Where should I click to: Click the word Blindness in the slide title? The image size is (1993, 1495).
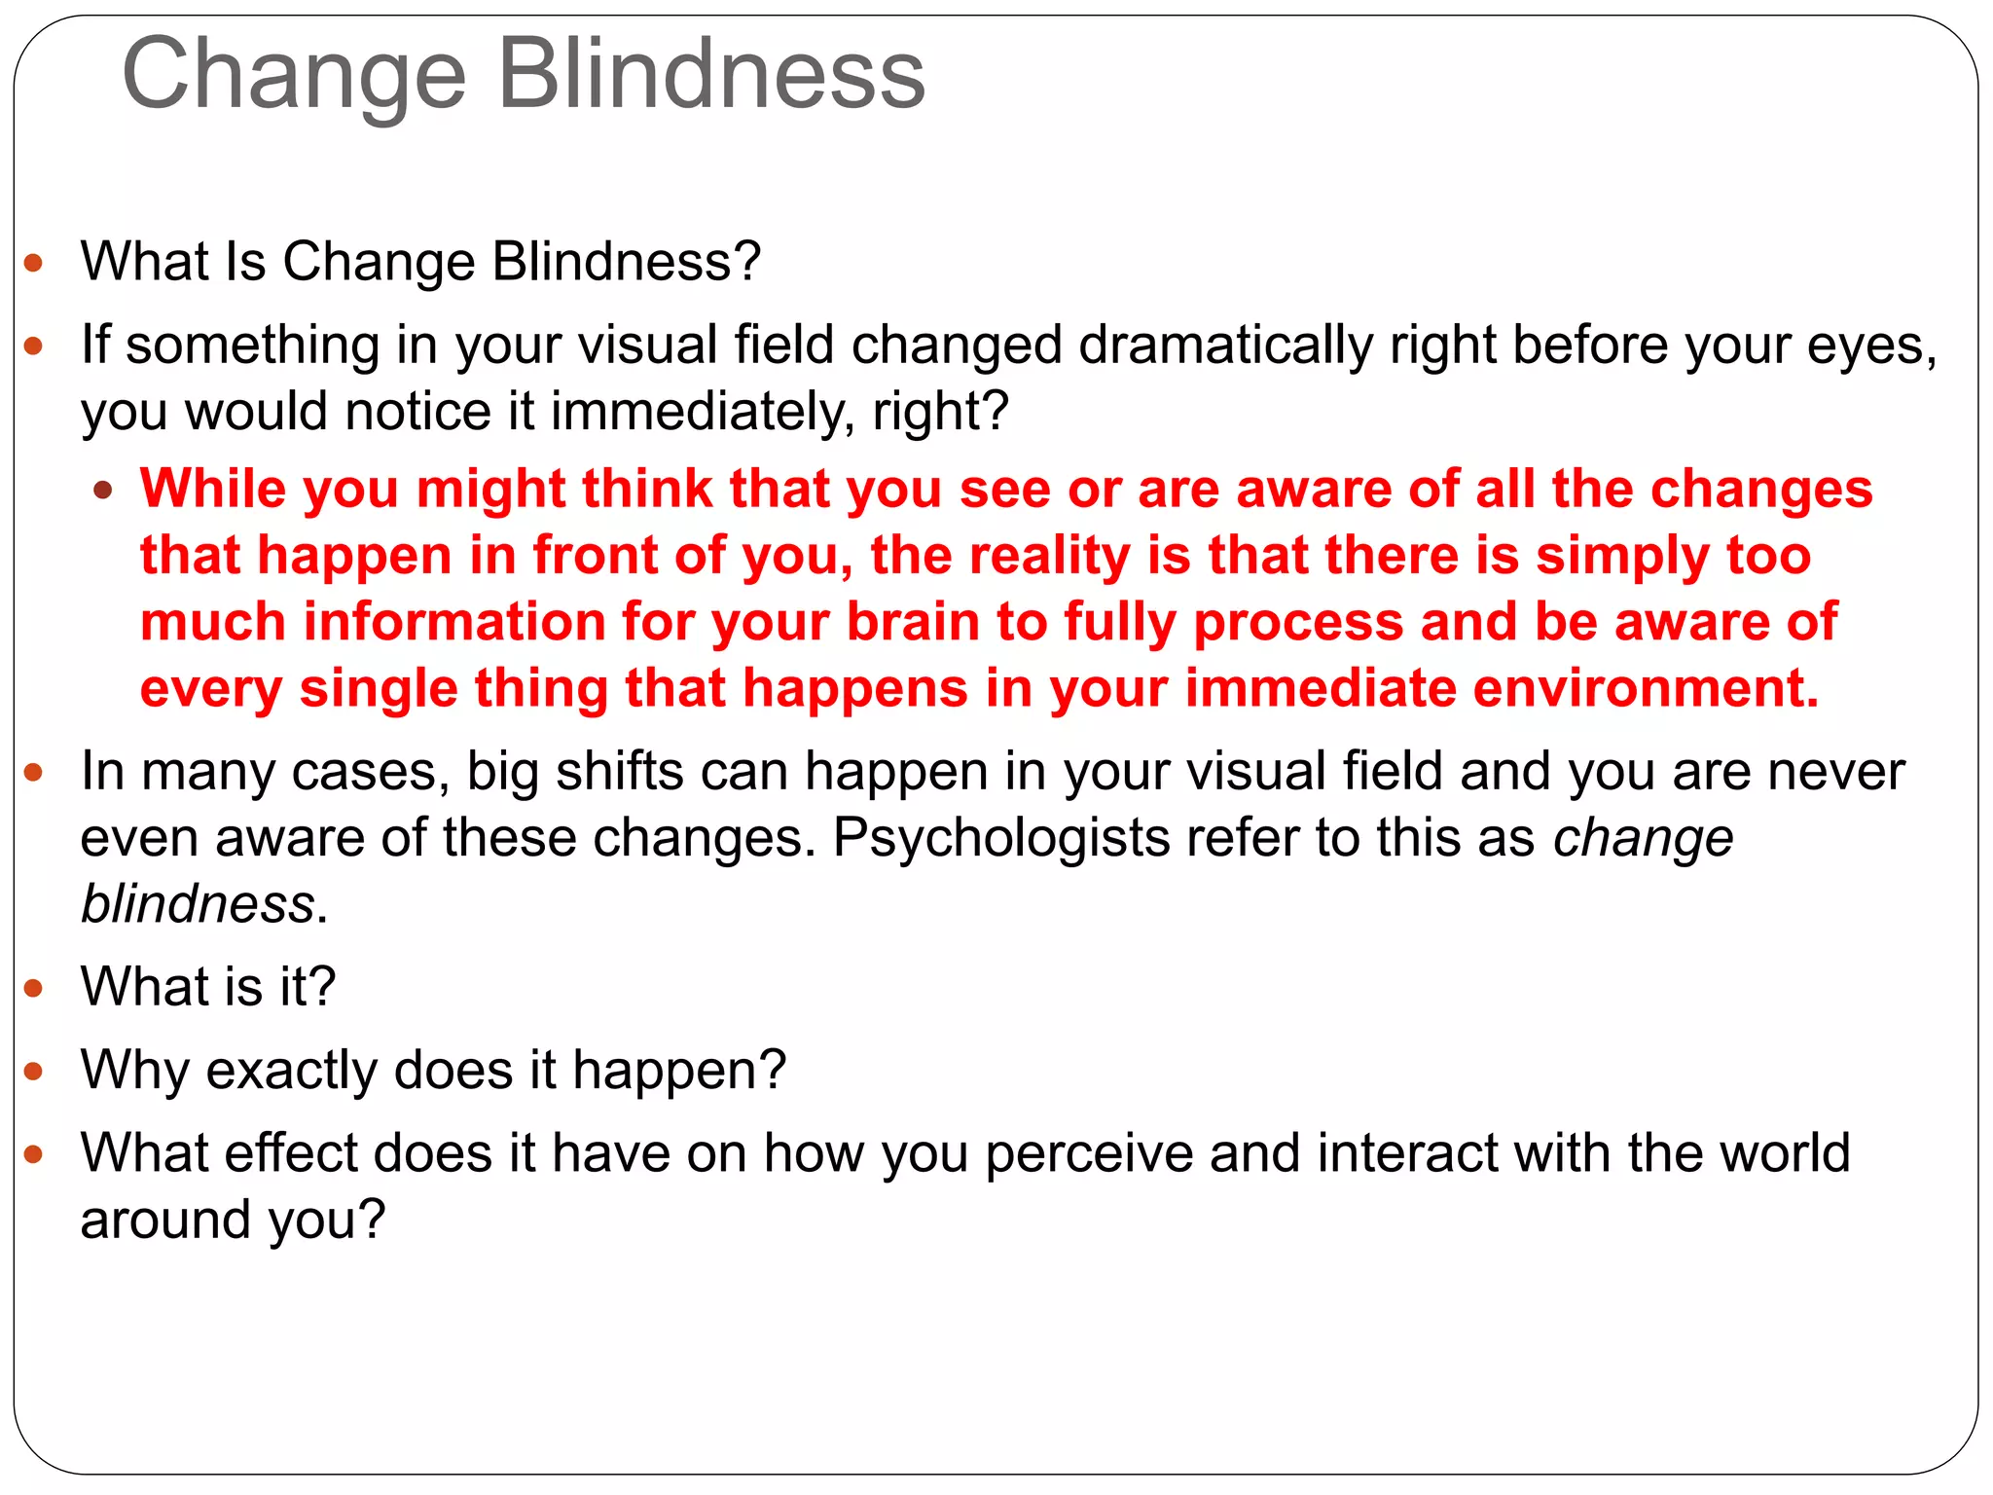tap(711, 76)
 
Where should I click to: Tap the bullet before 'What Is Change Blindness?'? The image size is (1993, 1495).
tap(34, 263)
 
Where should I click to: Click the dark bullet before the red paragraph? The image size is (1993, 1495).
tap(103, 490)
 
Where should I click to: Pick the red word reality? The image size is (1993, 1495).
tap(1050, 556)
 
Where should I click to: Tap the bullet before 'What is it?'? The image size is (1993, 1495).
tap(34, 989)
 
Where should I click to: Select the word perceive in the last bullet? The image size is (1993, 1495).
tap(1089, 1154)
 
